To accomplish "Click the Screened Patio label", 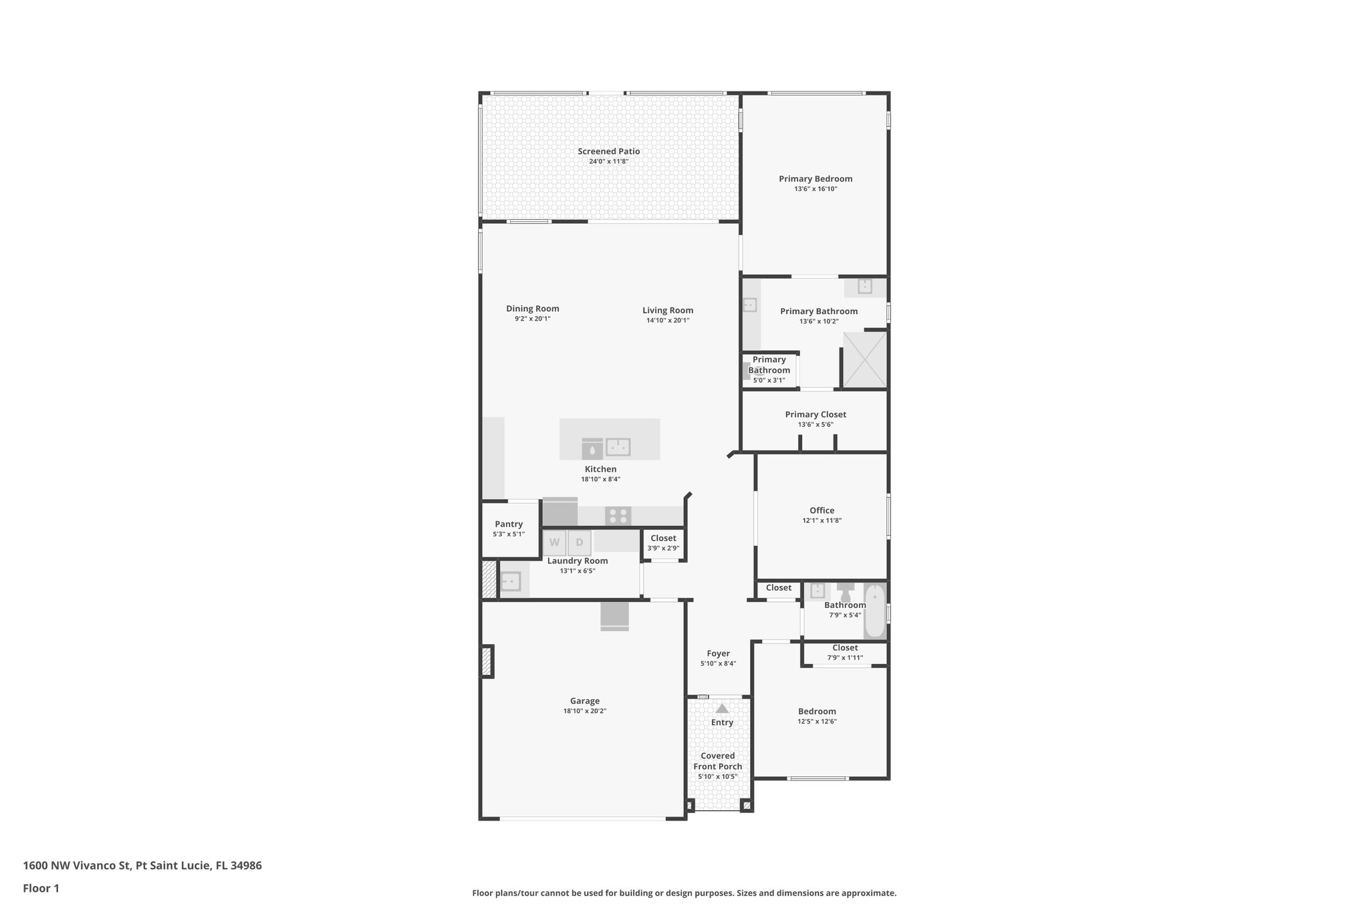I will [608, 152].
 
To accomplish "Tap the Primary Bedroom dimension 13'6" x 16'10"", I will [816, 189].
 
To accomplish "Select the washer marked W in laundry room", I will [554, 543].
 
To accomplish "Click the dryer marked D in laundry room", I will [580, 543].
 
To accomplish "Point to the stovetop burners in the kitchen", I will [618, 516].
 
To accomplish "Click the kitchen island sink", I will [618, 446].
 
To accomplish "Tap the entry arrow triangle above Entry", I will [722, 708].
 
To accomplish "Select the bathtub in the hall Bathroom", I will [874, 611].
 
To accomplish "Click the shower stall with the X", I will [864, 359].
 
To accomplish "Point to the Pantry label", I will [509, 524].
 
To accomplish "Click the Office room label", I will [822, 510].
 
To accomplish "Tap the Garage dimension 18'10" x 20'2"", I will [584, 711].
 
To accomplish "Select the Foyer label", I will [718, 653].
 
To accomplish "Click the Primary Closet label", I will [816, 414].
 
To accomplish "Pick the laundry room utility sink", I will [511, 581].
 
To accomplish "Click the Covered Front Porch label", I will [717, 761].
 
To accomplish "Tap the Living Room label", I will [668, 310].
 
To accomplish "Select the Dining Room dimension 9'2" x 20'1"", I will [532, 319].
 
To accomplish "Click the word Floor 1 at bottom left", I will [41, 888].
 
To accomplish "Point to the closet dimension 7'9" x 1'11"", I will [845, 657].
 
